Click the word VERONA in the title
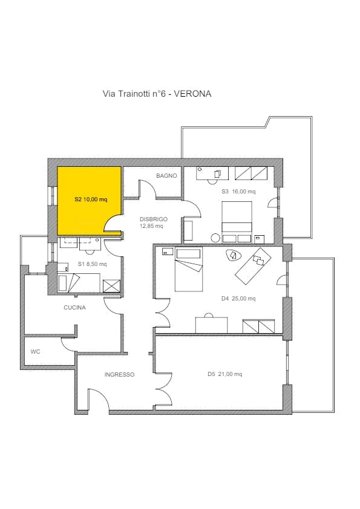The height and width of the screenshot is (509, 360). click(192, 94)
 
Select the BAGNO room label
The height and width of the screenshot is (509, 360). click(166, 176)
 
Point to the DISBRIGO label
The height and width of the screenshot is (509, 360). click(154, 219)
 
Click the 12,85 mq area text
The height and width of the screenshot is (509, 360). click(151, 226)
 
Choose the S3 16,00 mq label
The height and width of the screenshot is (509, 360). click(238, 192)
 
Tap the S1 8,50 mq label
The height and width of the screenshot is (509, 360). click(93, 264)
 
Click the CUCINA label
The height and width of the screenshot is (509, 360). click(75, 308)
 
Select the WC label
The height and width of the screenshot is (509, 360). click(36, 352)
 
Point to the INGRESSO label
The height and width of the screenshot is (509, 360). click(119, 375)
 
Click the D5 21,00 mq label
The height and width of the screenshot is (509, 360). click(225, 374)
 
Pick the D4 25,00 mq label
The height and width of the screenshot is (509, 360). click(238, 299)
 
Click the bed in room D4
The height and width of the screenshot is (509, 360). click(189, 269)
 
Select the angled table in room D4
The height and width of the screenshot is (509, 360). click(253, 266)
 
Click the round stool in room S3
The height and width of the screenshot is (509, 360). click(215, 238)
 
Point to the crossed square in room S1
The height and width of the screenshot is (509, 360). click(111, 286)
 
